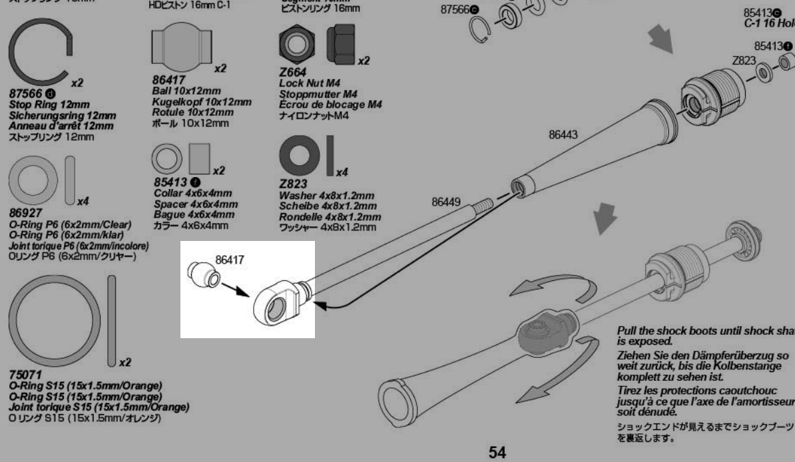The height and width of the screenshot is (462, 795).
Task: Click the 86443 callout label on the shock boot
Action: coord(563,134)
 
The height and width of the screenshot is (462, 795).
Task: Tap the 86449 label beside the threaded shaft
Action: coord(446,203)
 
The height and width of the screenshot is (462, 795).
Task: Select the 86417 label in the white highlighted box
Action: coord(230,258)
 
